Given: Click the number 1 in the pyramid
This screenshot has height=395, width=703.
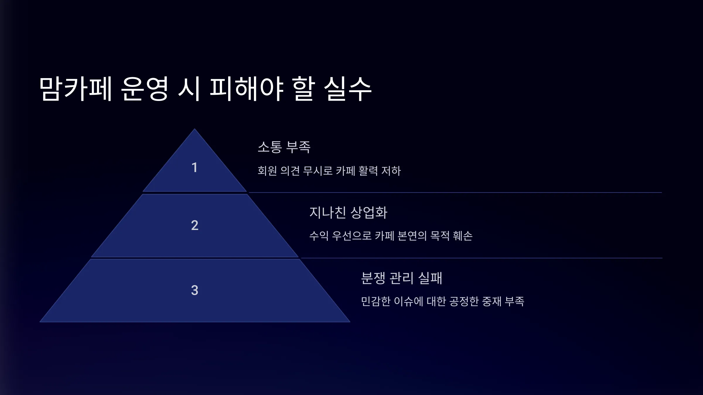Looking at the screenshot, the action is tap(194, 168).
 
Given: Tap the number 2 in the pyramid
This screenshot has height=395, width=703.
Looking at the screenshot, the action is tap(195, 225).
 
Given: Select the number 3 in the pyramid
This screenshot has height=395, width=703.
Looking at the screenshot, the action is tap(195, 290).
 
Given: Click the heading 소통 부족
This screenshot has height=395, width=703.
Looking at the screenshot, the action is tap(284, 147).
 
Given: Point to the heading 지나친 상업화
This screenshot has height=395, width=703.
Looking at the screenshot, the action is tap(348, 212).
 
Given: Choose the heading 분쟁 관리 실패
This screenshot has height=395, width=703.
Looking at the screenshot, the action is tap(401, 278).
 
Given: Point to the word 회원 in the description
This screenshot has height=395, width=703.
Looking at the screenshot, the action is tap(267, 171).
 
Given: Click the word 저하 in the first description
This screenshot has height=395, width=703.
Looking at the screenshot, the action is tap(391, 171).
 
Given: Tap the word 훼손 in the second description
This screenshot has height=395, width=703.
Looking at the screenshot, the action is tap(463, 236).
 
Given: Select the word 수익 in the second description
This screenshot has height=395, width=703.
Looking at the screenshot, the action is tap(319, 236).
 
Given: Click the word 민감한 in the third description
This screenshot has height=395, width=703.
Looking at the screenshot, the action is tap(376, 301).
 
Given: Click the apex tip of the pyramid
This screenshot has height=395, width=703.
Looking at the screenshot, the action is tap(194, 129).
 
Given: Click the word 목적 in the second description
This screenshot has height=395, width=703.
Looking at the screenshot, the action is tap(440, 236).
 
